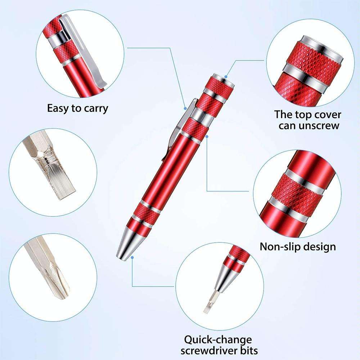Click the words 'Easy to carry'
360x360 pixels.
pos(77,108)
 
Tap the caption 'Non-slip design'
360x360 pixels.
pos(298,247)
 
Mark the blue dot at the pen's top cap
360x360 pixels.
pos(226,76)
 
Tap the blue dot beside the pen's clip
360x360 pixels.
pos(185,107)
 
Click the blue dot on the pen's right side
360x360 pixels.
pos(207,136)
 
